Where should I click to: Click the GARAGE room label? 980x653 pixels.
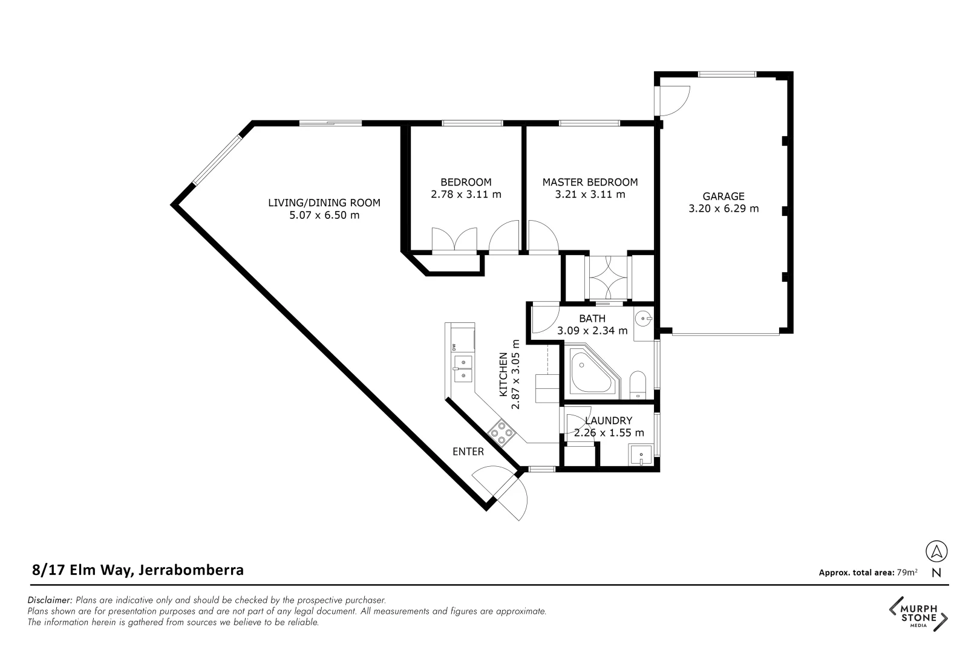pos(723,197)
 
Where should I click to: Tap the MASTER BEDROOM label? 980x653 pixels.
pos(590,182)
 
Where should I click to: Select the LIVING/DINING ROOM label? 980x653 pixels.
pos(324,203)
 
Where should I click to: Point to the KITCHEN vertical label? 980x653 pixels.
pos(503,375)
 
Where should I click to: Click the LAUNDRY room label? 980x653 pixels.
pos(609,421)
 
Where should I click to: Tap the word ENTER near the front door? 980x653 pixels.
pos(468,452)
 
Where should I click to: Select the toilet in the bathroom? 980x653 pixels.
pos(638,385)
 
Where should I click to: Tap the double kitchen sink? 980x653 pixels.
pos(463,369)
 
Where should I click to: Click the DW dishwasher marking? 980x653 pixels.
pos(454,347)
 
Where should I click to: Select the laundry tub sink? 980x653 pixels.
pos(640,455)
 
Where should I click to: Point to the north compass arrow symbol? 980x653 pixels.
pos(936,551)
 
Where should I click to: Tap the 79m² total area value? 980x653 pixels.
pos(907,572)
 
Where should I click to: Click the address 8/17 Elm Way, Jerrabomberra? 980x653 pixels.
pos(138,570)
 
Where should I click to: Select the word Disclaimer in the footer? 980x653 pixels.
pos(50,600)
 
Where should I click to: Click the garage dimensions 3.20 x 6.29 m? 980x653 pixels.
pos(723,209)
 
